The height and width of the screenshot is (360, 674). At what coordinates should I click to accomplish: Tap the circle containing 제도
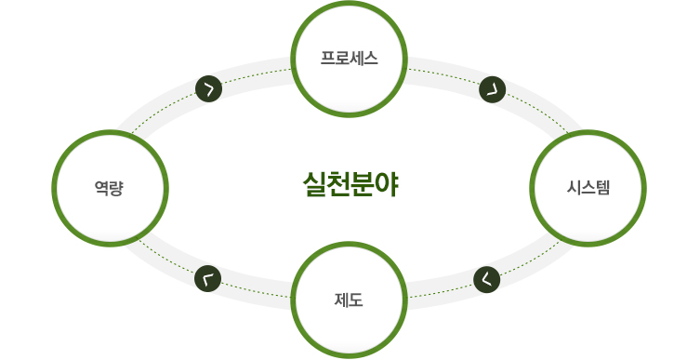point(349,300)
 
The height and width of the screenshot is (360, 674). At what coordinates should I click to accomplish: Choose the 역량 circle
point(110,187)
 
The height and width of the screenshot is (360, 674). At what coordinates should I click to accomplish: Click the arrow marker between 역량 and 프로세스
point(208,89)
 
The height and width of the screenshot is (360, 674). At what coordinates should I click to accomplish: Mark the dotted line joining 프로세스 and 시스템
point(446,76)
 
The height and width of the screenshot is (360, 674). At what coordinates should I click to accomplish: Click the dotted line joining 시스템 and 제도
point(437,290)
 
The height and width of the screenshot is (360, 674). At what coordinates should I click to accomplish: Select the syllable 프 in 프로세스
point(327,59)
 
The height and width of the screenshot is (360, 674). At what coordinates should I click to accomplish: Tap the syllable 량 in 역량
point(117,187)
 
